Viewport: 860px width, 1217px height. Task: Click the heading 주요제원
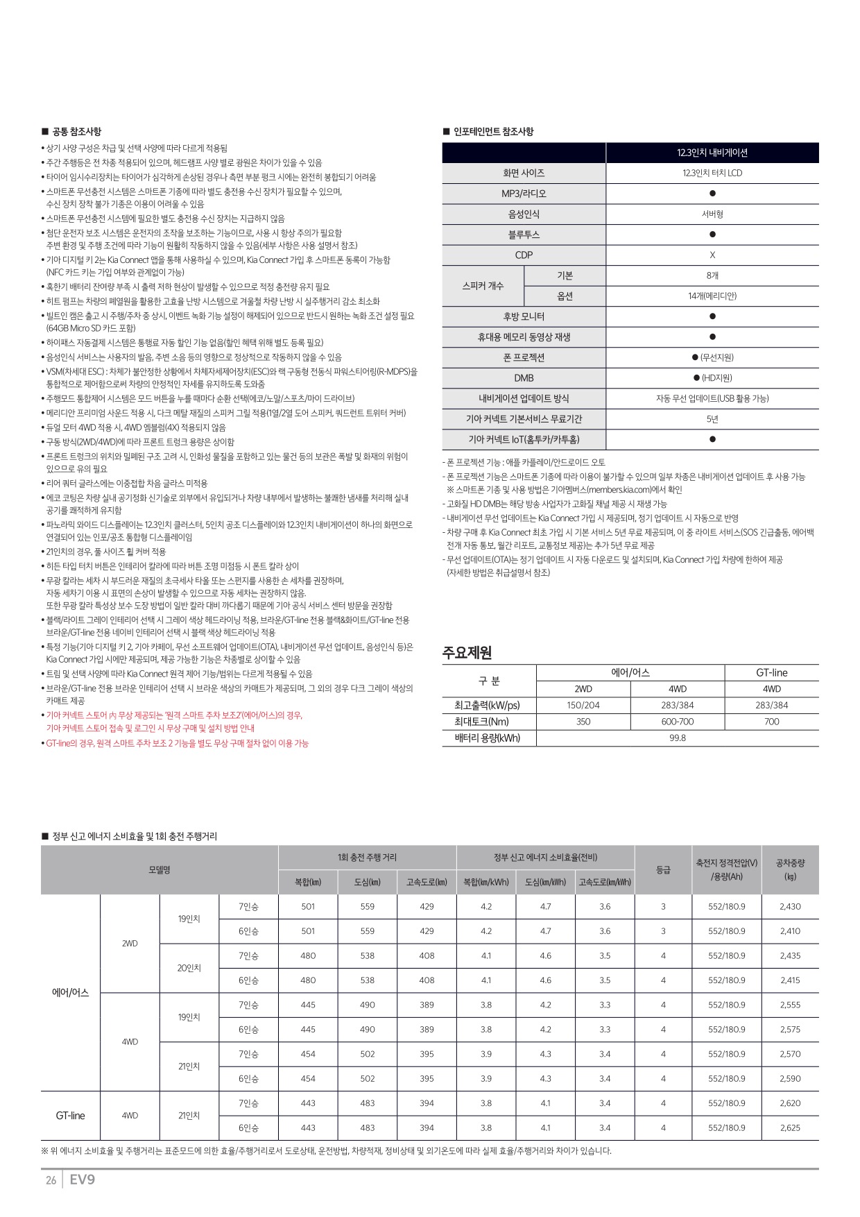coord(467,652)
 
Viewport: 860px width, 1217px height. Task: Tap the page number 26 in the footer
coord(51,1180)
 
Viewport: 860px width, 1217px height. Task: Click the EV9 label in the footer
coord(82,1179)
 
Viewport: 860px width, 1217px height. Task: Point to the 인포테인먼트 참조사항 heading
coord(493,132)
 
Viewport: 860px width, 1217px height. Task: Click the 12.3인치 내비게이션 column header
coord(712,153)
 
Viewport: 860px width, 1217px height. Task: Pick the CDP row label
coord(524,255)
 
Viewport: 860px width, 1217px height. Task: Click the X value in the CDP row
coord(712,255)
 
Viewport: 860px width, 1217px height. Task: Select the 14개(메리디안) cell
coord(712,296)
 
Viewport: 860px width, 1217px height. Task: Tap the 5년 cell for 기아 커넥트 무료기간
coord(712,419)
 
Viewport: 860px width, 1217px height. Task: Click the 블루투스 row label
coord(524,235)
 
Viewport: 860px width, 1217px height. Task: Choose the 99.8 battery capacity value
coord(677,738)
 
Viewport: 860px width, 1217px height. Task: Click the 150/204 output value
coord(583,705)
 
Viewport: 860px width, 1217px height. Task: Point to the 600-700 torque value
coord(677,722)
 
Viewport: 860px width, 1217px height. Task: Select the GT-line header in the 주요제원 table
coord(771,672)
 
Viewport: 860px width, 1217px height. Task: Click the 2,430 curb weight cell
coord(790,907)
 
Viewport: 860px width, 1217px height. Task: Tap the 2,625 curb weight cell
coord(790,1128)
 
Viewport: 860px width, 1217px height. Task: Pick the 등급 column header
coord(663,869)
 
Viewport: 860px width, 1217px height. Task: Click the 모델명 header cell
coord(160,869)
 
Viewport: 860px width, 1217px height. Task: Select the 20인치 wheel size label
coord(189,968)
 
